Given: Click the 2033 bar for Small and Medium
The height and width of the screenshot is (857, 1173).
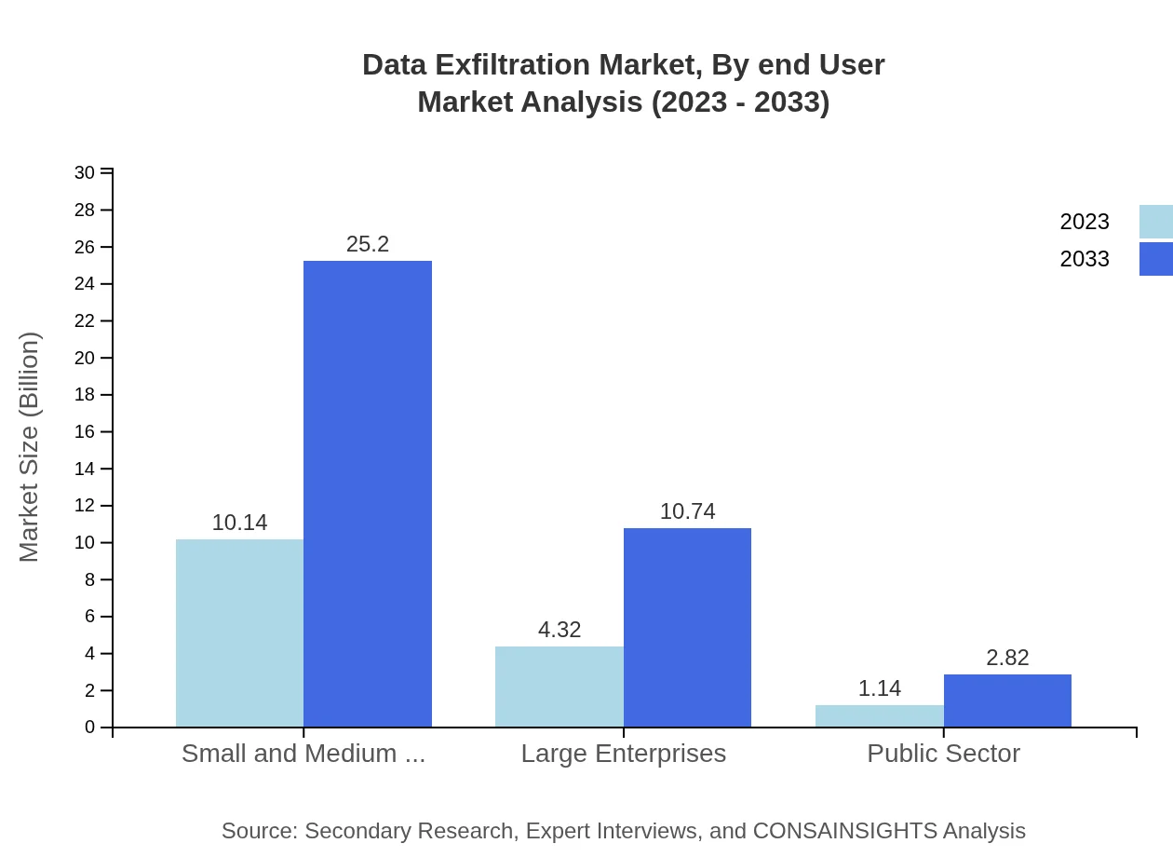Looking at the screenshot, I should tap(368, 494).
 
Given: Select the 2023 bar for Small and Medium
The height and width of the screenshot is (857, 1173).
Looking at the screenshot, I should tap(239, 633).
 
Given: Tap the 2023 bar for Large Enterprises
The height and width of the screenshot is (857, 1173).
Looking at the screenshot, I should tap(559, 687).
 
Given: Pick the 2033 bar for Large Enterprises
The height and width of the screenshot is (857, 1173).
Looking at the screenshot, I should tap(687, 627).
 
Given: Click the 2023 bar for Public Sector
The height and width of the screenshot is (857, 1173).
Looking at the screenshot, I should tap(879, 715).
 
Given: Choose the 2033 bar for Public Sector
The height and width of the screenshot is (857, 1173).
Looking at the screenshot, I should tap(1007, 701).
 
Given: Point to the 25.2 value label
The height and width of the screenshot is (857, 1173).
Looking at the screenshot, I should tap(368, 244).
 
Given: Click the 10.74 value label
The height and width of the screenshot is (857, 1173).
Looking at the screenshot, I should tap(687, 511).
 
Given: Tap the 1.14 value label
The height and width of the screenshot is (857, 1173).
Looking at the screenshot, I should tap(879, 688).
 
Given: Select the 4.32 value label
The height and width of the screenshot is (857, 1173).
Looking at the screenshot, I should tap(559, 630).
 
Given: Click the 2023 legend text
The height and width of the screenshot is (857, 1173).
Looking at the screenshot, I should tap(1084, 222).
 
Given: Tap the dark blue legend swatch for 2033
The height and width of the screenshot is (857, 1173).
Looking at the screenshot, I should tap(1156, 259).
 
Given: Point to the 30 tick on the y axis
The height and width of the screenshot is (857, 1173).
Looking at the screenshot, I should tap(85, 172).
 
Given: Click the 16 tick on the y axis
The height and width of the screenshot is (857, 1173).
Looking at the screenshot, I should tap(85, 431).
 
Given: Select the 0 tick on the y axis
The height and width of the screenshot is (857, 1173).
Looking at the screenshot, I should tap(89, 728).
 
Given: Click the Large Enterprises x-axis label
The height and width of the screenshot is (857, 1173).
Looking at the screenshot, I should tap(623, 754).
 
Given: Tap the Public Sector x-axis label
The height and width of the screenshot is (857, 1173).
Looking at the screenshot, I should tap(943, 754).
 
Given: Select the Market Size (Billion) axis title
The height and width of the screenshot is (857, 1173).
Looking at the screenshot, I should tap(30, 447).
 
